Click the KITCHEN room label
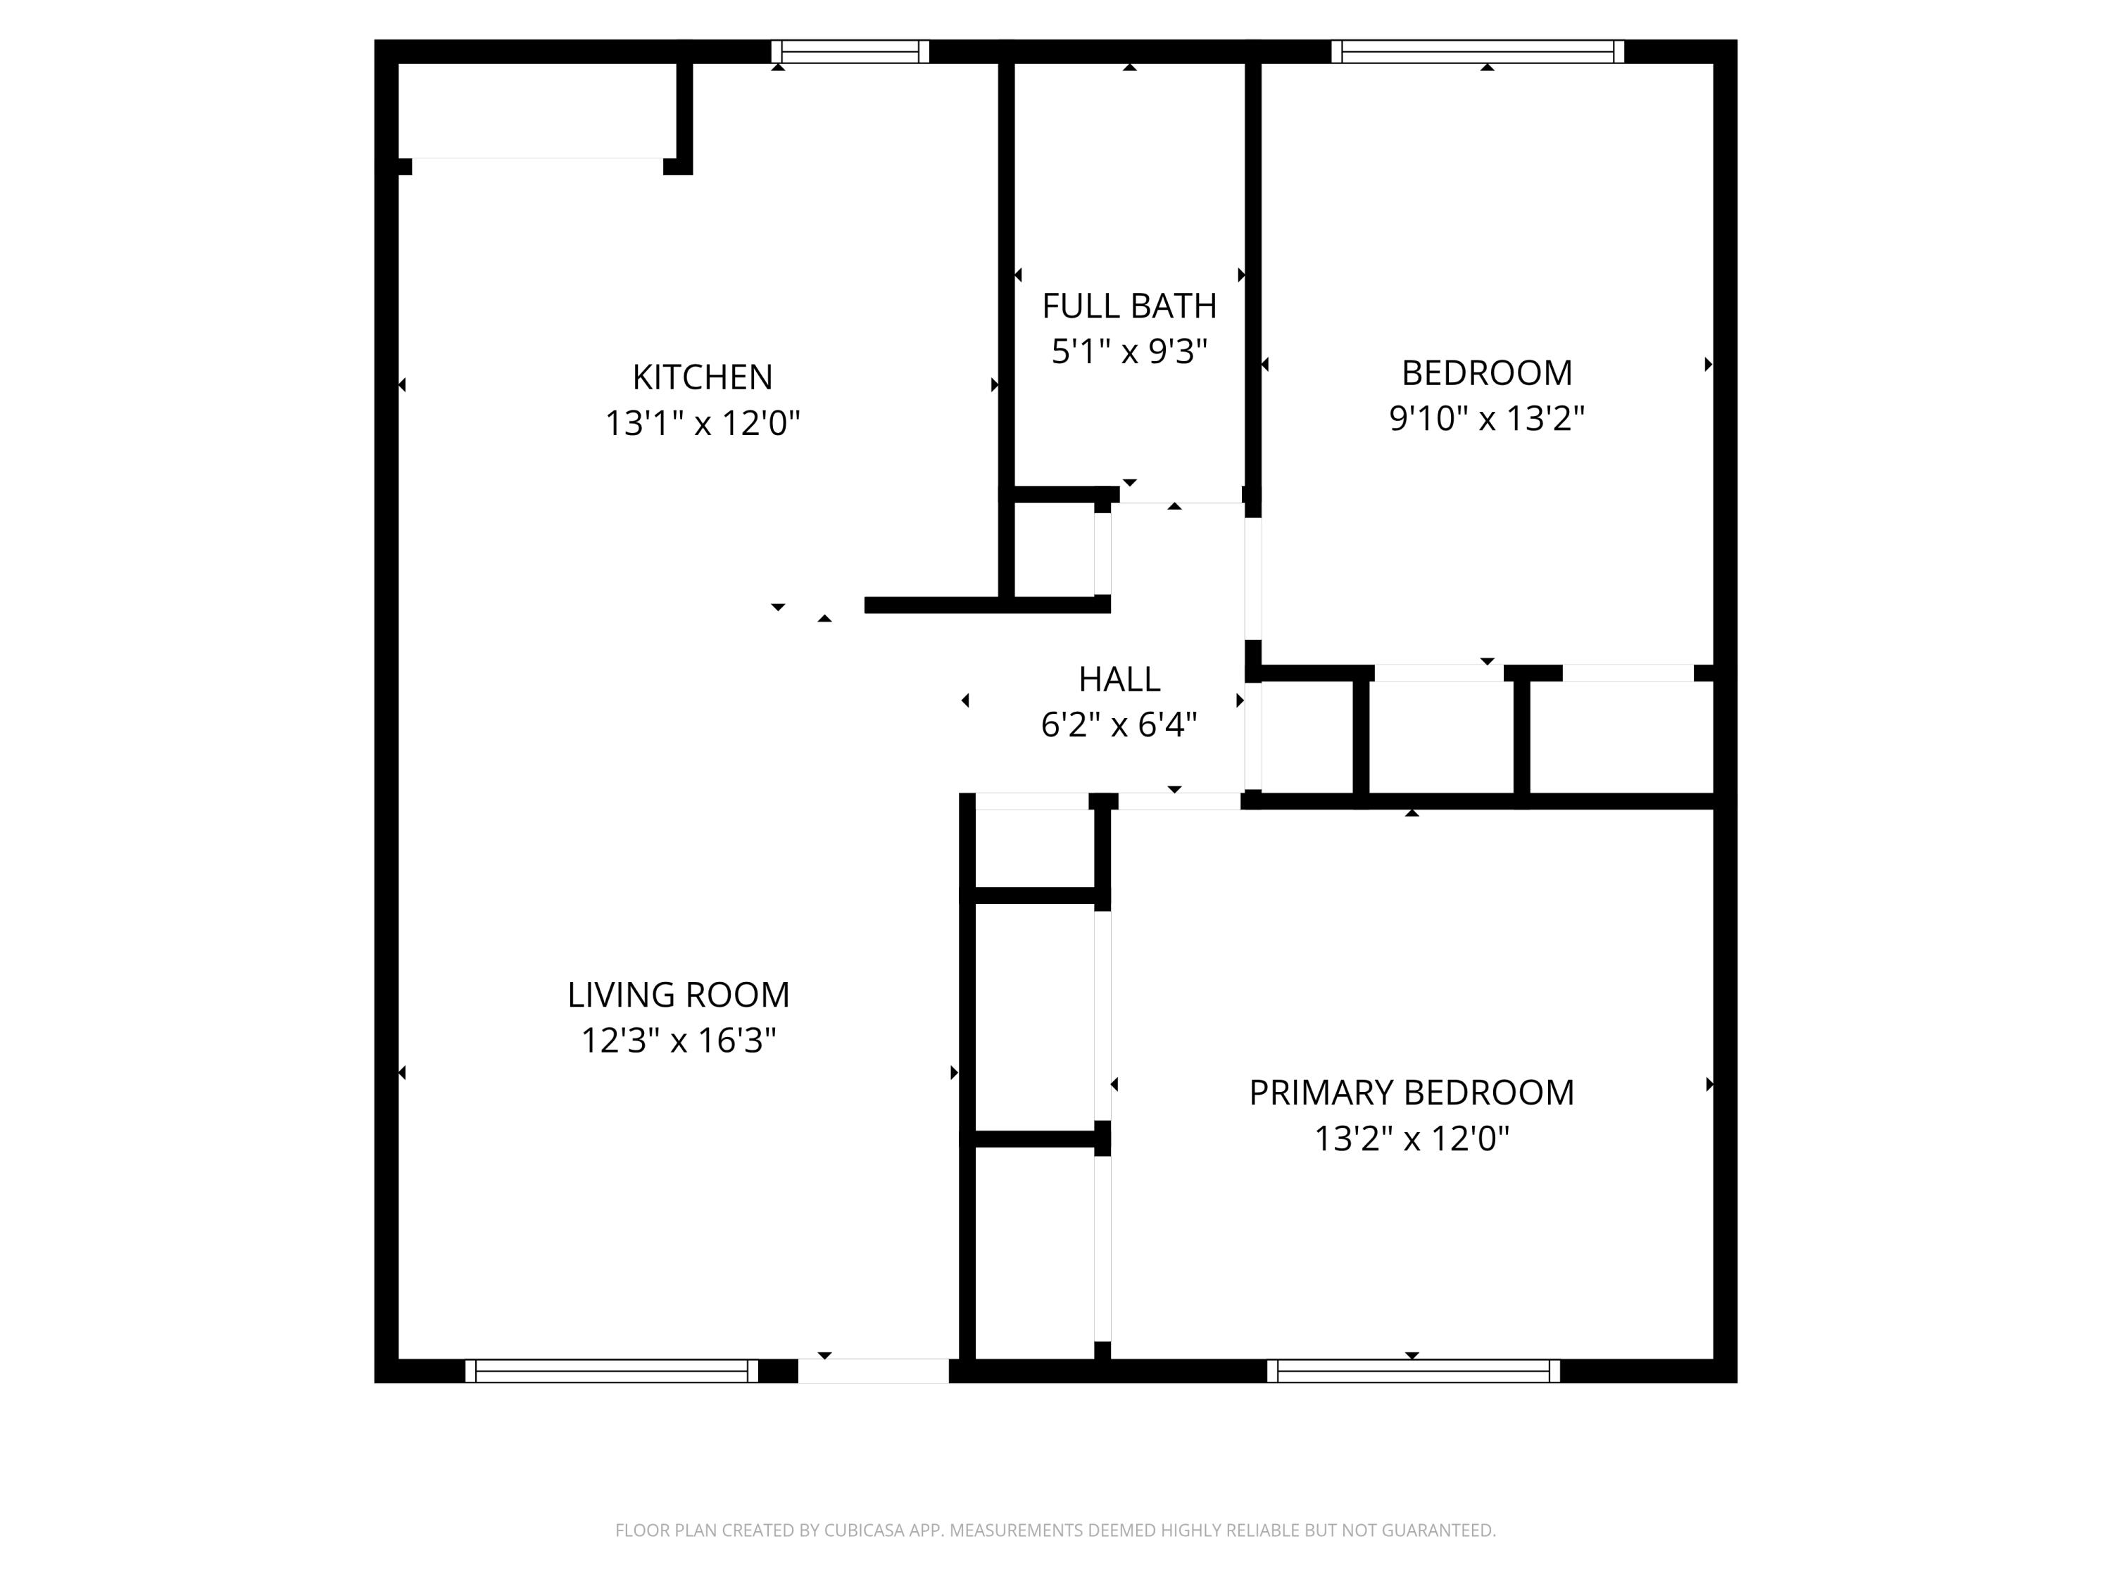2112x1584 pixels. (702, 377)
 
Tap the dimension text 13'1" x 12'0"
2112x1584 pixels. (702, 423)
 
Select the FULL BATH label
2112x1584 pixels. (1129, 306)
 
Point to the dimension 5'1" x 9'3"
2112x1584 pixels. (1129, 352)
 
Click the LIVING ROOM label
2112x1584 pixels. (678, 995)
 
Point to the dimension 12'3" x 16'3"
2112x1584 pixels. (678, 1041)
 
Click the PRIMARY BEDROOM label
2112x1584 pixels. (1412, 1093)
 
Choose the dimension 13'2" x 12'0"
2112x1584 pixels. (1412, 1139)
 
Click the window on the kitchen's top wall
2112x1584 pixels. (850, 51)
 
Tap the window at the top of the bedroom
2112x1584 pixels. (1477, 51)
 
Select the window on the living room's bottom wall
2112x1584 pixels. (611, 1371)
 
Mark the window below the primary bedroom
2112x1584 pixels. (1413, 1371)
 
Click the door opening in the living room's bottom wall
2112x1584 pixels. (873, 1371)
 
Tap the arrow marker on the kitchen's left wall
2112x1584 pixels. (402, 385)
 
